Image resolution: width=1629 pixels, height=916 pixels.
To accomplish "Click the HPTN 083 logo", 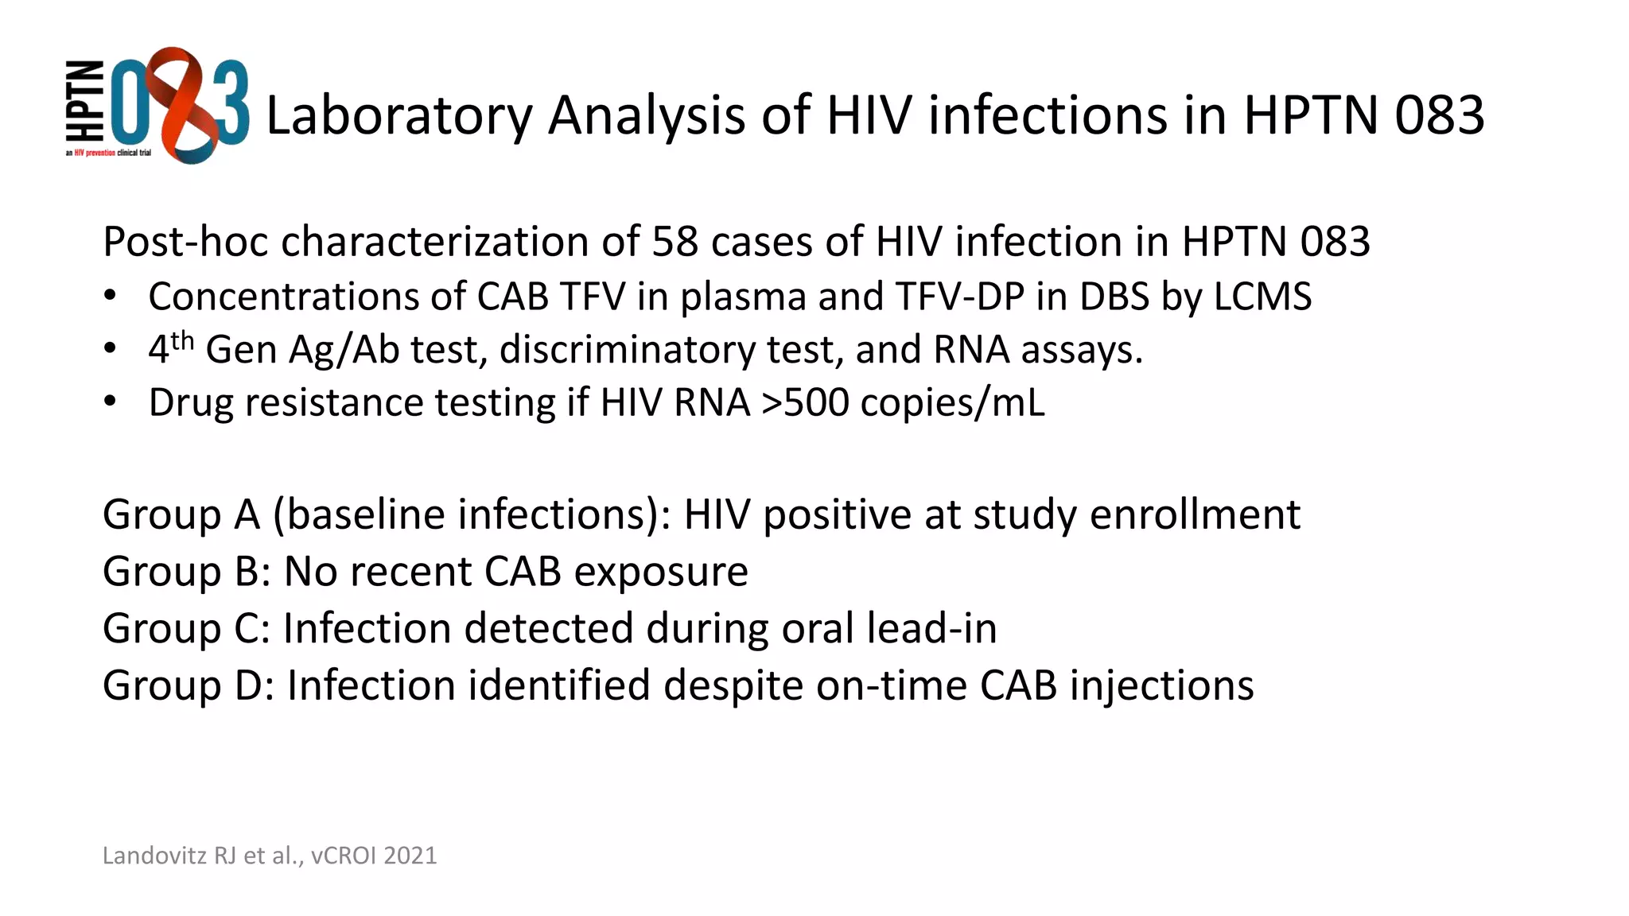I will tap(157, 106).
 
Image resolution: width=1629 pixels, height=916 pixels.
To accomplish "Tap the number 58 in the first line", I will tap(675, 241).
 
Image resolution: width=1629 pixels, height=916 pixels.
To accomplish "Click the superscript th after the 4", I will tap(182, 341).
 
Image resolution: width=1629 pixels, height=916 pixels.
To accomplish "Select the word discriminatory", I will tap(627, 350).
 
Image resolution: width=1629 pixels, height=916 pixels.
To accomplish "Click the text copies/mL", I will tap(952, 402).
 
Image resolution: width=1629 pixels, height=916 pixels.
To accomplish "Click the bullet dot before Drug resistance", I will tap(111, 401).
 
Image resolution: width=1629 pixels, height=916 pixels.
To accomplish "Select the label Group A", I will tap(181, 514).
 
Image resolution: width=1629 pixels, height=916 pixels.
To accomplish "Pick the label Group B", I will tap(181, 572).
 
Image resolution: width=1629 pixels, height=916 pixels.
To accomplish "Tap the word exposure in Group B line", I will tap(661, 572).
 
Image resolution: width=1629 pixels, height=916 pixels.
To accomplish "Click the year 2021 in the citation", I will tap(410, 856).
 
